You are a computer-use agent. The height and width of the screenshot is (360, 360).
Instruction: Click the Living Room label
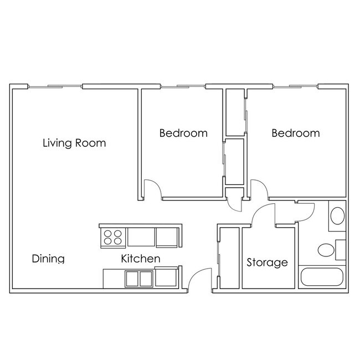74,143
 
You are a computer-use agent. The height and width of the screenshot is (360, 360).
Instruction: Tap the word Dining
48,259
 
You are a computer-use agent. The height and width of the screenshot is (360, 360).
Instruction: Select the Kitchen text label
141,259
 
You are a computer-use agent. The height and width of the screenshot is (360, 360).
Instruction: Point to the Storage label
268,263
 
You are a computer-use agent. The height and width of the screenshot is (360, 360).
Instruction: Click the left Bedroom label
183,133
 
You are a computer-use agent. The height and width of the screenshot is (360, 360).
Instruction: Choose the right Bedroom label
296,133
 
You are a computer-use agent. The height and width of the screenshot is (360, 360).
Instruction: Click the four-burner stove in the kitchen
113,238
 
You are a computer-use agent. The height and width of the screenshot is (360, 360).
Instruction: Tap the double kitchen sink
139,279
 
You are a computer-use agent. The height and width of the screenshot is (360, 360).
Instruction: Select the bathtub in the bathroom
322,277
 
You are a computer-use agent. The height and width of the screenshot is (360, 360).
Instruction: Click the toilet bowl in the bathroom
326,250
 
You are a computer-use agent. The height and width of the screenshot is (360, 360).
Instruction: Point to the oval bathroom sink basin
337,216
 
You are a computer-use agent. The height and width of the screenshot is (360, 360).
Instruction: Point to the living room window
55,86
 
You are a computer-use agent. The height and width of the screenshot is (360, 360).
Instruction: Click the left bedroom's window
183,86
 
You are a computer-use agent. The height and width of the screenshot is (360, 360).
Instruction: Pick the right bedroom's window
295,86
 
